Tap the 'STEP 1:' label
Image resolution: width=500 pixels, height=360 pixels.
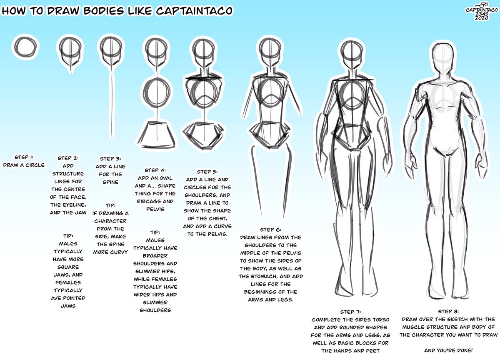point(24,157)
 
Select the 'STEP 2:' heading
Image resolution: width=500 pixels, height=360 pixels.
point(68,158)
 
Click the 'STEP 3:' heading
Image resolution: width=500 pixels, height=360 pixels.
point(110,158)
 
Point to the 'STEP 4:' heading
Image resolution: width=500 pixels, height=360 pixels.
point(155,170)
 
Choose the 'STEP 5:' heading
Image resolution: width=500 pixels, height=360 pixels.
point(207,171)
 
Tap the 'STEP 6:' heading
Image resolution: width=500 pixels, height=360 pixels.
point(270,229)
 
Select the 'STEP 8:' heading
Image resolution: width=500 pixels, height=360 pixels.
point(448,311)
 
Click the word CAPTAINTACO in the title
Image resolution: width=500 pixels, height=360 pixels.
point(195,10)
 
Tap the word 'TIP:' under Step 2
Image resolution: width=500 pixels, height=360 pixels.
point(68,236)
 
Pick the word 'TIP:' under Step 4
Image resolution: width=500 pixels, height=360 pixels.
point(155,232)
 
